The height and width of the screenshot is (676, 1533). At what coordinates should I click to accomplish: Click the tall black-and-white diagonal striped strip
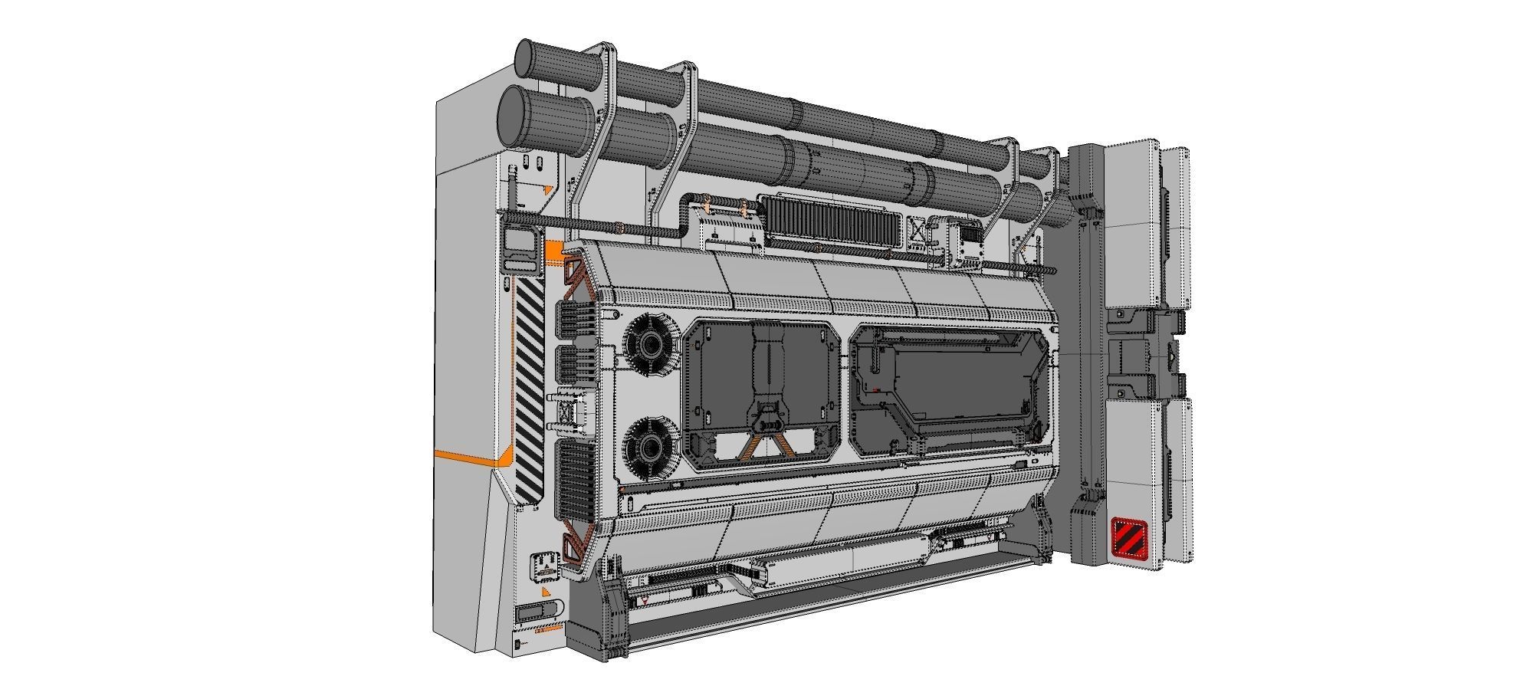point(530,386)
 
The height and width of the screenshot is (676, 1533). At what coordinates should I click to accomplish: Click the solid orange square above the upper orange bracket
point(553,251)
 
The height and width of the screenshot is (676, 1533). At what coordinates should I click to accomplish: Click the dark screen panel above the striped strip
point(521,244)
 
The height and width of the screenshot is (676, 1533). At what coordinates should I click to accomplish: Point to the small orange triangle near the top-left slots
point(547,189)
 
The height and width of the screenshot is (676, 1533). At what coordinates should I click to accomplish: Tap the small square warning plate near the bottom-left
point(545,566)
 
